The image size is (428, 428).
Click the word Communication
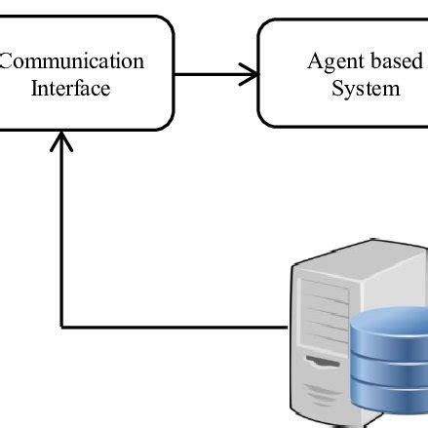point(72,61)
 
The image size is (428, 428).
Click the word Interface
point(70,89)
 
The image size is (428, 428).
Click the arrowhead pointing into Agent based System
point(251,73)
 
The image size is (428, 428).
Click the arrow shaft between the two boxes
point(210,73)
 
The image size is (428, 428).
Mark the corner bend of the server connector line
point(62,326)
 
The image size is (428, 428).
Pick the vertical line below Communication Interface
point(62,234)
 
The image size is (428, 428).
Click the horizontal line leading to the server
point(175,326)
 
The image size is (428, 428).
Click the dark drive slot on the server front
point(323,363)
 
